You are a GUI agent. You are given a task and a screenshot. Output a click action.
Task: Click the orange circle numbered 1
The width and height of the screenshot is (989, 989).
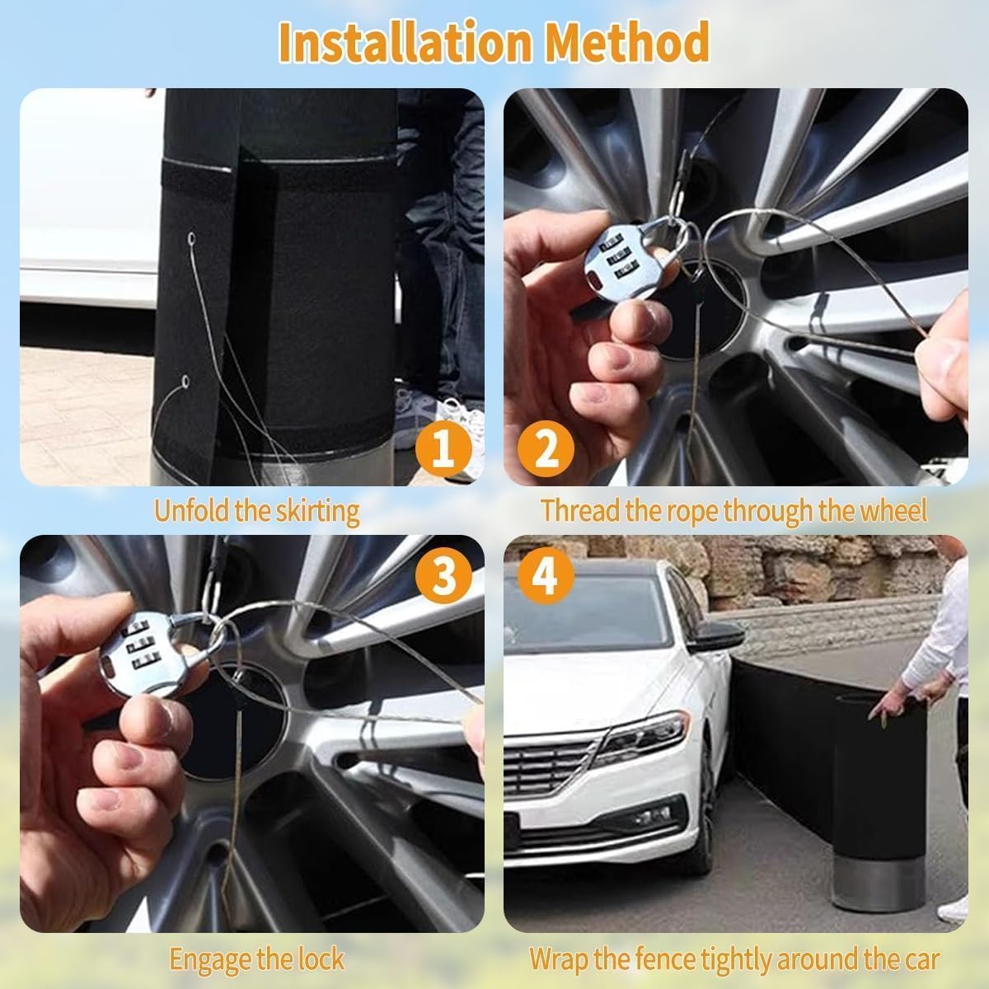point(443,451)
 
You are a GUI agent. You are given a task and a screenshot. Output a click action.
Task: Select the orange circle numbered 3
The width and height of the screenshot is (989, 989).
point(443,576)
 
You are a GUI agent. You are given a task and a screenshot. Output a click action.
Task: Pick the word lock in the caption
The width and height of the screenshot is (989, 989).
point(321,959)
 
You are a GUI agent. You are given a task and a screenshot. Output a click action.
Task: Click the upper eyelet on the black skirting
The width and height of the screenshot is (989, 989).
point(192,241)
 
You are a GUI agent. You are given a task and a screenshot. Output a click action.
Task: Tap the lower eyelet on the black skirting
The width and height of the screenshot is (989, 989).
point(186,382)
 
